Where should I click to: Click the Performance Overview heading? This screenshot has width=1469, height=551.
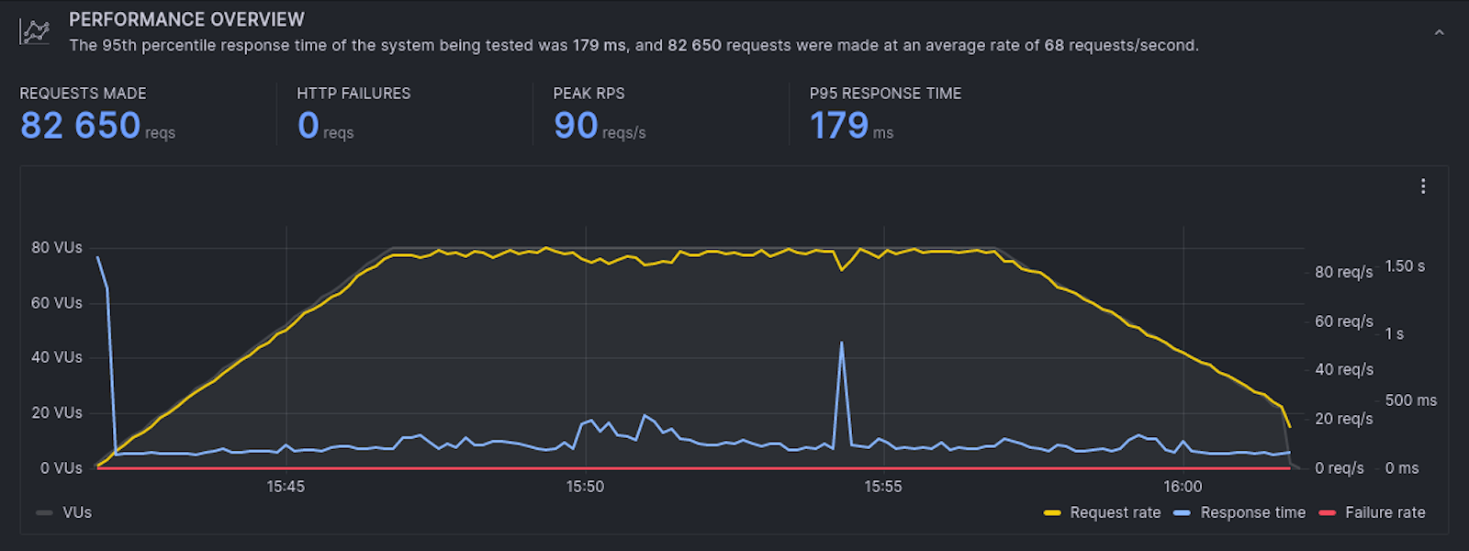[x=186, y=19]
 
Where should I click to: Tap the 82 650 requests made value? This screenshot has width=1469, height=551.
[x=81, y=126]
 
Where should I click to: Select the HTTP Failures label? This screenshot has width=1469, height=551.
[x=353, y=94]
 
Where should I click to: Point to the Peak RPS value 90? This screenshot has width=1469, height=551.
[x=576, y=126]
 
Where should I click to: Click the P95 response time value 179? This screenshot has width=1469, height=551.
[x=839, y=126]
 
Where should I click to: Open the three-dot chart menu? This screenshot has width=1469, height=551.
[x=1423, y=186]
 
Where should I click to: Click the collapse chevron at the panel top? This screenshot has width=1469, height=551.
[x=1439, y=33]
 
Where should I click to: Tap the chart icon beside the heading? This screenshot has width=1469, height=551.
[x=35, y=32]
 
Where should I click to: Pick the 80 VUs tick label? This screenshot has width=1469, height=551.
[x=57, y=248]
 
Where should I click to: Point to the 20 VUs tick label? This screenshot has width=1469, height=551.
[x=57, y=413]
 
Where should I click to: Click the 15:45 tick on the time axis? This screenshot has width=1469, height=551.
[x=286, y=487]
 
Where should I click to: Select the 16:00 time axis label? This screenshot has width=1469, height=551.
[x=1183, y=487]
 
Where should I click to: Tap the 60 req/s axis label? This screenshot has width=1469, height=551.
[x=1343, y=321]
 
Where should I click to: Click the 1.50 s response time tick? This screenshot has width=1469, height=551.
[x=1405, y=266]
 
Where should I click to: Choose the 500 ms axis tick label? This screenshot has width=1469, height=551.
[x=1410, y=400]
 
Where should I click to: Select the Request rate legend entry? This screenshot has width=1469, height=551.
[x=1115, y=512]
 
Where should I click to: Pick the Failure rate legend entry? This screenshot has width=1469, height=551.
[x=1385, y=512]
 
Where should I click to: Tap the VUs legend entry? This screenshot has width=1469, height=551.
[x=76, y=512]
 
